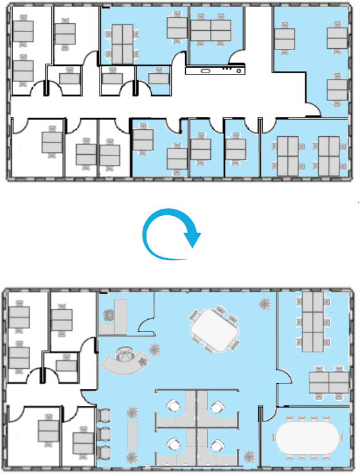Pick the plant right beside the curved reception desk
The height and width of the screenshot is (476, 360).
coord(154,351)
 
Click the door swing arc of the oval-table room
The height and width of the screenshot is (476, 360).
coord(269,414)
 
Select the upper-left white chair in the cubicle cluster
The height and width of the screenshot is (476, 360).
coord(174,406)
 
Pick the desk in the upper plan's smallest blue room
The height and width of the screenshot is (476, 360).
coord(157,79)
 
